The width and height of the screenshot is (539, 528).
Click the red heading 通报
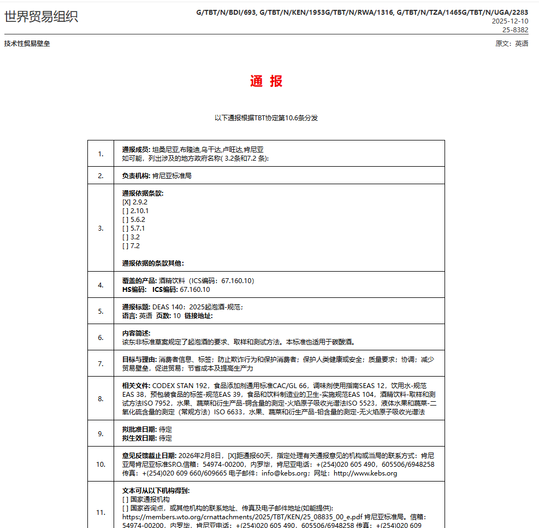(266, 82)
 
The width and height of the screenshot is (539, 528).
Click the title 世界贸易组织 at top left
(41, 16)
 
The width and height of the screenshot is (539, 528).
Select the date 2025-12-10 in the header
(510, 21)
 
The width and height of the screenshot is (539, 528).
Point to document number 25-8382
(515, 30)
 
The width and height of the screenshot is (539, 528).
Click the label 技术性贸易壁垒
(27, 44)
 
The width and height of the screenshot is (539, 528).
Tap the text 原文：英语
(512, 44)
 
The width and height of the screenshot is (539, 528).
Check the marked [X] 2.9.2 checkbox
(126, 202)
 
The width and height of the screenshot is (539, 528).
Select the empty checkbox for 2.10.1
(126, 211)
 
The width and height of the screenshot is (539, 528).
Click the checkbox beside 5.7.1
(126, 228)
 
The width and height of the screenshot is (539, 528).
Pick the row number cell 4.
(100, 285)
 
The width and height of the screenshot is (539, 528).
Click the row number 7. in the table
(100, 363)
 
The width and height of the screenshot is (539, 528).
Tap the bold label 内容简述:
(136, 333)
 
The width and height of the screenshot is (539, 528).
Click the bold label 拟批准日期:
(140, 430)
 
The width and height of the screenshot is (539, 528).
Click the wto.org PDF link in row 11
(242, 517)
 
